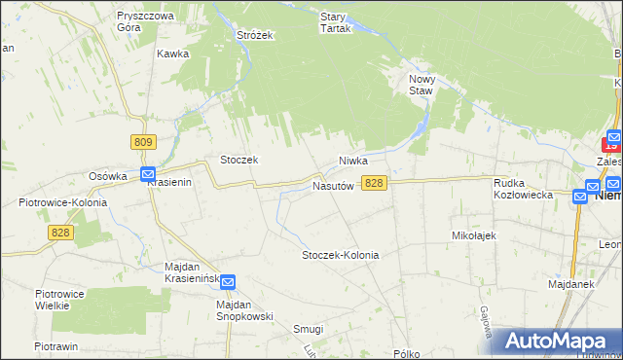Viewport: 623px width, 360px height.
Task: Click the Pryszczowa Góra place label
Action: tap(144, 22)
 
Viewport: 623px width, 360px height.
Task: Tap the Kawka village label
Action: tap(171, 54)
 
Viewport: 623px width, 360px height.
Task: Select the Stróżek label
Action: tap(255, 35)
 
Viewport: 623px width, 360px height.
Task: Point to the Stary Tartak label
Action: tap(335, 22)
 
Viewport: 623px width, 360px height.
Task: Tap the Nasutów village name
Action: tap(332, 184)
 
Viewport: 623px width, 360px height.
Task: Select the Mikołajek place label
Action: tap(475, 235)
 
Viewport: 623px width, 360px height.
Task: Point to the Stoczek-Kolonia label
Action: tap(340, 255)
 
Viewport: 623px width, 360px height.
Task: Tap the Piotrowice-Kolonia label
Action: tap(62, 202)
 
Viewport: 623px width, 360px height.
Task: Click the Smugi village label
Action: tap(308, 329)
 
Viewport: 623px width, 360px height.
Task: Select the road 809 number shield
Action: tap(143, 142)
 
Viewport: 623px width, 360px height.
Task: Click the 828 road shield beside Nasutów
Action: tap(375, 183)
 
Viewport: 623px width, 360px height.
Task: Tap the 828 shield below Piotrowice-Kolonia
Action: tap(61, 232)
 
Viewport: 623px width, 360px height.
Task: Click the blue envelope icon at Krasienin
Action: tap(148, 175)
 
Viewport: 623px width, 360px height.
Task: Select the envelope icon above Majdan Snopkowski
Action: tap(228, 282)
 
